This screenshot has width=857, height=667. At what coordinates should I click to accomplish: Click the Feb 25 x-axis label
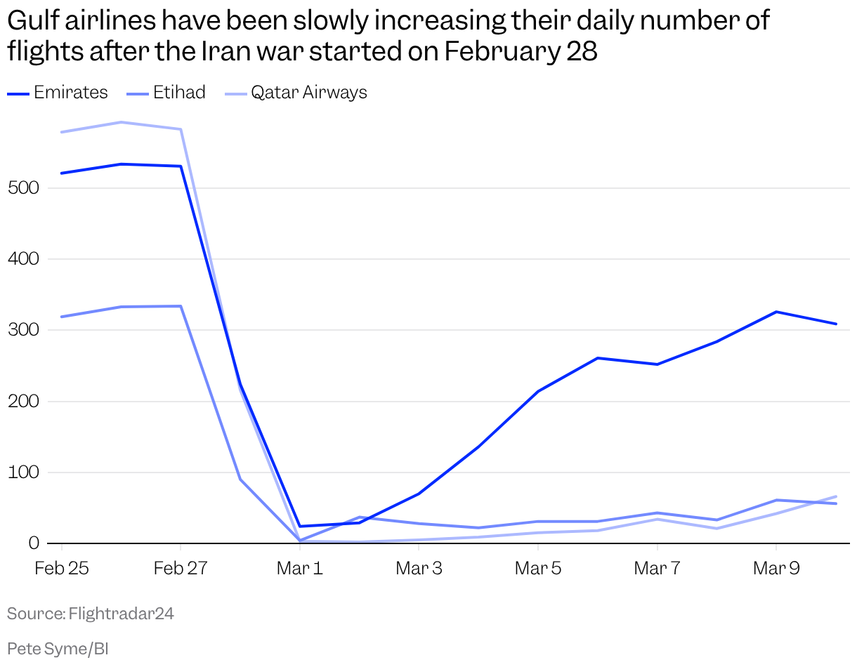pyautogui.click(x=62, y=568)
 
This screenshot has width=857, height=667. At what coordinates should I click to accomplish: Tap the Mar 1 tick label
pyautogui.click(x=300, y=568)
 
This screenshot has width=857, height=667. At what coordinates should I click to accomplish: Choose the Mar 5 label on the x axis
pyautogui.click(x=538, y=568)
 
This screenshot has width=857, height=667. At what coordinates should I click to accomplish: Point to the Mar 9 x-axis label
pyautogui.click(x=776, y=568)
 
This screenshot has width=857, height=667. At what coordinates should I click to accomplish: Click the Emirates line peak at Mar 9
pyautogui.click(x=776, y=312)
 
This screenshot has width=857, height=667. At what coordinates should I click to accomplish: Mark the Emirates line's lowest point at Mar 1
pyautogui.click(x=300, y=527)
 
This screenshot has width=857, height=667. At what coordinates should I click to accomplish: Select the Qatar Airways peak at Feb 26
pyautogui.click(x=122, y=122)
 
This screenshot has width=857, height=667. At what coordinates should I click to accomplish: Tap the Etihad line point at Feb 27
pyautogui.click(x=181, y=306)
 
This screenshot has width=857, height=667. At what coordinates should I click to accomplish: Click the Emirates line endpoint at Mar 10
pyautogui.click(x=836, y=324)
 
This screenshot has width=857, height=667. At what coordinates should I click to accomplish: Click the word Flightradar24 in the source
pyautogui.click(x=121, y=614)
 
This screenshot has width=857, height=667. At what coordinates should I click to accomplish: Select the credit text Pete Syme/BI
pyautogui.click(x=58, y=648)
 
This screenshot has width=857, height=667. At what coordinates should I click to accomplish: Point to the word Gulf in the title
pyautogui.click(x=32, y=22)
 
